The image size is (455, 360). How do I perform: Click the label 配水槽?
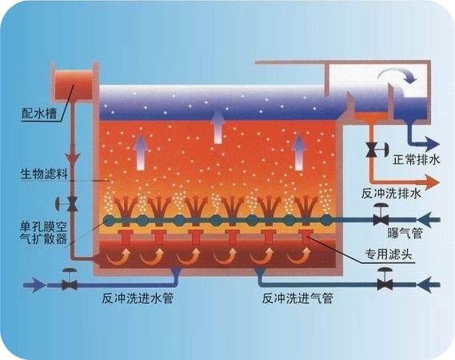pos(39,114)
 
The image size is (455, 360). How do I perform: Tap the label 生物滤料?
pos(44,174)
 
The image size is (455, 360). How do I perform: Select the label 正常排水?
pos(417,159)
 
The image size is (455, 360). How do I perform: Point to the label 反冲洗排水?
pos(392,194)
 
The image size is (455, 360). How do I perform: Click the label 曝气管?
pos(405,233)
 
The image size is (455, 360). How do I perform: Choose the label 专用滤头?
pos(389,255)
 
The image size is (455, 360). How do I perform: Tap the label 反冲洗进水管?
pos(138,298)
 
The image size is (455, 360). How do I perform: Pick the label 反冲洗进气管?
pos(297,298)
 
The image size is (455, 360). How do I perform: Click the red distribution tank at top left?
pos(74,84)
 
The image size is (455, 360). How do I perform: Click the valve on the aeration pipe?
pos(381,217)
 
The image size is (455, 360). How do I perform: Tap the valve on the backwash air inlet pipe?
pos(385,281)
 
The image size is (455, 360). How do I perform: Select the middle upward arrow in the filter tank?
pos(218,127)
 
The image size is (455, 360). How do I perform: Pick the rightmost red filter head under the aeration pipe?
pos(305,237)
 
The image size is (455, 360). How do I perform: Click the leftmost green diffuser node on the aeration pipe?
pos(110,222)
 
